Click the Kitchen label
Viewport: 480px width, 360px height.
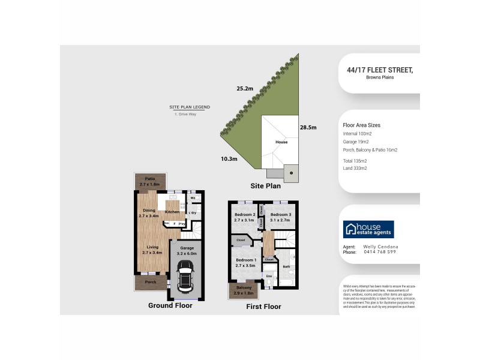tap(172, 212)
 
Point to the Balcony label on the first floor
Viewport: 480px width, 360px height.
tap(244, 288)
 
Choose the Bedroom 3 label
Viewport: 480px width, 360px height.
tap(280, 215)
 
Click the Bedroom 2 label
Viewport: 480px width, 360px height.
tap(245, 215)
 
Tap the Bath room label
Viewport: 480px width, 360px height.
tap(286, 266)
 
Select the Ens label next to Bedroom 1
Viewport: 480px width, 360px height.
tap(269, 276)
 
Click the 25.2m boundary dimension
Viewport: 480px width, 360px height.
tap(245, 89)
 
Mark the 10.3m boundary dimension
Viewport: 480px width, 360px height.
tap(229, 159)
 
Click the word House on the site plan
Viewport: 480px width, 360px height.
tap(281, 142)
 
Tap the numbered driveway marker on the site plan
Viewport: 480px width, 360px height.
tap(291, 173)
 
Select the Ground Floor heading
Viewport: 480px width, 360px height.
tap(170, 305)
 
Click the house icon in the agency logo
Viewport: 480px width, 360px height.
tap(350, 229)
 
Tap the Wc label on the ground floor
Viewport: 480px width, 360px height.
tap(193, 197)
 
